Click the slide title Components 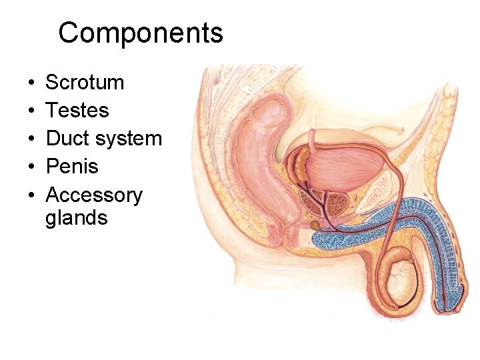[x=141, y=33]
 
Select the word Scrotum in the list [x=85, y=83]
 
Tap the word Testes [x=77, y=111]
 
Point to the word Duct [x=67, y=139]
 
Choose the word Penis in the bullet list [x=71, y=167]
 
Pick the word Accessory [x=94, y=195]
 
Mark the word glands [x=77, y=218]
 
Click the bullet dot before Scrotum [x=32, y=83]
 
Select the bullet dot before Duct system [x=32, y=139]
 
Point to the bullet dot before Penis [x=32, y=167]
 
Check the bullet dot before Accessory [x=32, y=196]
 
